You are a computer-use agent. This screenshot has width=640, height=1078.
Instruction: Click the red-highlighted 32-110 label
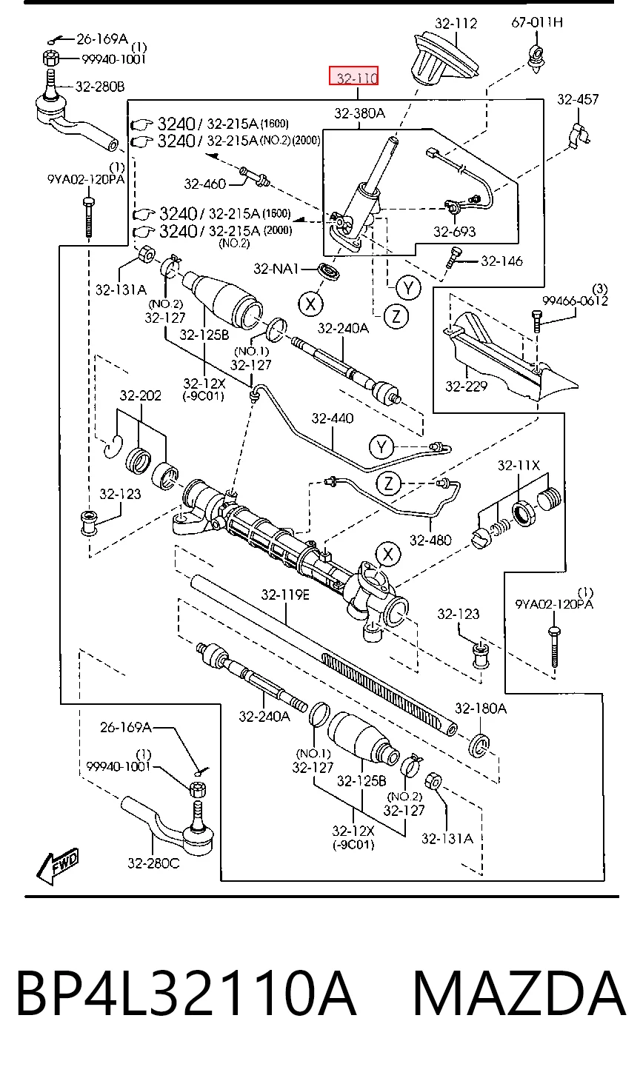tap(353, 76)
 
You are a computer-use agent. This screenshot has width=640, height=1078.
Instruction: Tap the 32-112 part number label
tap(456, 23)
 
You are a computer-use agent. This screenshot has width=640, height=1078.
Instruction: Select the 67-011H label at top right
tap(537, 22)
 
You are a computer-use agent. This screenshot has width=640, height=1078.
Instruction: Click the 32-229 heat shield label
tap(466, 386)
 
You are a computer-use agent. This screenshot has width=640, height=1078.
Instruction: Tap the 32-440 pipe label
tap(333, 418)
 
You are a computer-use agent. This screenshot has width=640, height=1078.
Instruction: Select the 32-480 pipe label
tap(430, 540)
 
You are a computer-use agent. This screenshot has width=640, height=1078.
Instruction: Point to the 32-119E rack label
tap(286, 595)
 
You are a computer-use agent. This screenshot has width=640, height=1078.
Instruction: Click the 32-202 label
tap(141, 395)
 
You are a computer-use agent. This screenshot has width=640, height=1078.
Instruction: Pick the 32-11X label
tap(519, 466)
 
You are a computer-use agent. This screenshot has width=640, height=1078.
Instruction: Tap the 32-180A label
tap(481, 708)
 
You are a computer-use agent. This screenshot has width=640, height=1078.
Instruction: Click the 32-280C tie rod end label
tap(153, 863)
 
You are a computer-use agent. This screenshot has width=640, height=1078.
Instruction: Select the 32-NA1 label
tap(276, 269)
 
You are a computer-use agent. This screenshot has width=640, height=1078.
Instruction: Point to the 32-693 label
tap(454, 232)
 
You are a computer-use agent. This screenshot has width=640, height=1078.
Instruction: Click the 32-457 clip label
tap(578, 99)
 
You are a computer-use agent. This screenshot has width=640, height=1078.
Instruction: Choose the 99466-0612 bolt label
tap(575, 301)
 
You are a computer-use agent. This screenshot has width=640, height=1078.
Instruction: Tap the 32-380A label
tap(360, 113)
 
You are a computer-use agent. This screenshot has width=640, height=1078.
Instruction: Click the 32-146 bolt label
tap(501, 261)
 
